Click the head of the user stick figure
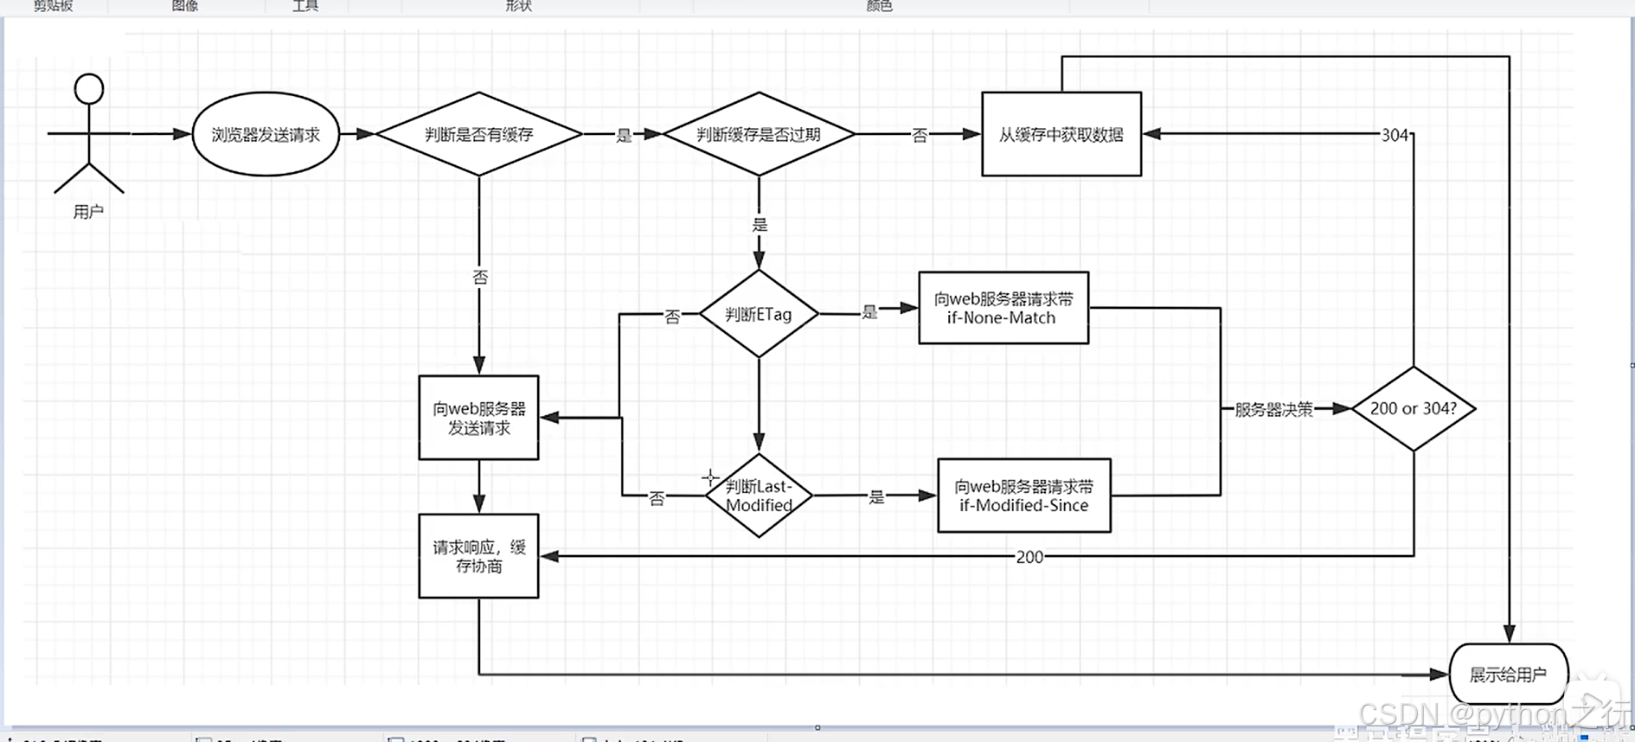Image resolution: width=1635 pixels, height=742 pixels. pyautogui.click(x=89, y=89)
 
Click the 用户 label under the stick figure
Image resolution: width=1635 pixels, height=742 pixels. pyautogui.click(x=88, y=212)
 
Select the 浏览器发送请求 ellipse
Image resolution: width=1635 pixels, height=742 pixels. pyautogui.click(x=266, y=135)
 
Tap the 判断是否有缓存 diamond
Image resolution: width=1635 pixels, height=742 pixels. pyautogui.click(x=478, y=135)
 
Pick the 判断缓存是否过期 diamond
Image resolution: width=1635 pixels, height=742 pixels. pyautogui.click(x=759, y=135)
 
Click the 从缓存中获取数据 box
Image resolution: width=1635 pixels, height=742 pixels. pyautogui.click(x=1061, y=135)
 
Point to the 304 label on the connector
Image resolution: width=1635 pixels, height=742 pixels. pyautogui.click(x=1395, y=135)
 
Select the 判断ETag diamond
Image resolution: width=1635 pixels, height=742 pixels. pyautogui.click(x=759, y=314)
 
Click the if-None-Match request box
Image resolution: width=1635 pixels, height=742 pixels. pyautogui.click(x=1003, y=308)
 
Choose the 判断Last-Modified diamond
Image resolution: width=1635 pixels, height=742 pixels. pyautogui.click(x=759, y=496)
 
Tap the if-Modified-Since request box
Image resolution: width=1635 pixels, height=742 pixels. pyautogui.click(x=1023, y=496)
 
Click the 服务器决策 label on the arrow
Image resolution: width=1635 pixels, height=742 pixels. pyautogui.click(x=1273, y=409)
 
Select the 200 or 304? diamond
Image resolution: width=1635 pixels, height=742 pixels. pyautogui.click(x=1413, y=408)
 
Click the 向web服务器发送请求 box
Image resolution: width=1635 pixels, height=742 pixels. pyautogui.click(x=478, y=418)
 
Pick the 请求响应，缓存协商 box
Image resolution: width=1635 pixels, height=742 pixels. pyautogui.click(x=478, y=556)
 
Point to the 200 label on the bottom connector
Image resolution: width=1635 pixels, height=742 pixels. pyautogui.click(x=1029, y=557)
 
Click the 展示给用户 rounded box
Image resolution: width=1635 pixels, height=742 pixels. pyautogui.click(x=1508, y=675)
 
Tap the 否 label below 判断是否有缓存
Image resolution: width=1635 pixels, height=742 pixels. pyautogui.click(x=480, y=278)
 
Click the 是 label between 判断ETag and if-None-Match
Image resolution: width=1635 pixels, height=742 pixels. pyautogui.click(x=869, y=312)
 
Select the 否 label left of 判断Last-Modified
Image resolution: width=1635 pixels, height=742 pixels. pyautogui.click(x=657, y=498)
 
